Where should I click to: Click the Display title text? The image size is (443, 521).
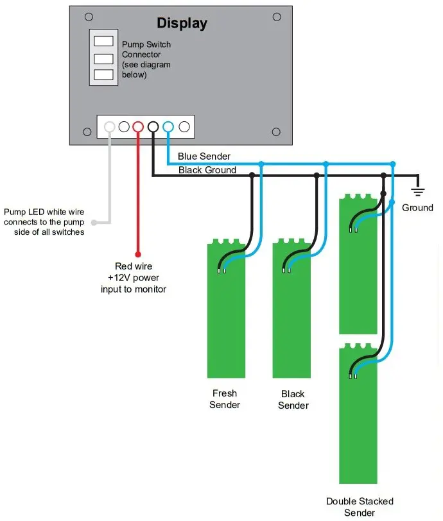[182, 24]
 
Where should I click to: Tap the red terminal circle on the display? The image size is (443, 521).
[138, 126]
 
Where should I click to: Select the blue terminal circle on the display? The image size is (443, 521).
[168, 126]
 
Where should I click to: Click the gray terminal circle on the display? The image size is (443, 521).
[110, 126]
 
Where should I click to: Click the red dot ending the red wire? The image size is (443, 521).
[138, 253]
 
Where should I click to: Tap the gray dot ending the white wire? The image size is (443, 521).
[94, 223]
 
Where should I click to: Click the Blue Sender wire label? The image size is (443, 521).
[204, 157]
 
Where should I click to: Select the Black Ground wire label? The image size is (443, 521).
[207, 170]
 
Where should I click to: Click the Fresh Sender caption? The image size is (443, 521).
[224, 399]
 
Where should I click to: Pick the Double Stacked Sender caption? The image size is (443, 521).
[360, 507]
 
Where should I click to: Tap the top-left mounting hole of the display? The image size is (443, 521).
[89, 16]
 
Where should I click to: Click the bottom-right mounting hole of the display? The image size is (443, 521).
[276, 132]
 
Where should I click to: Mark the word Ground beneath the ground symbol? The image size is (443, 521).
[417, 208]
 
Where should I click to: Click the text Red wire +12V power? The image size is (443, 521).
[134, 272]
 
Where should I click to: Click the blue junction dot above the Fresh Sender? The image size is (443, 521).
[261, 164]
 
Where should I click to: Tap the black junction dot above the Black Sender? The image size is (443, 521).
[317, 175]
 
